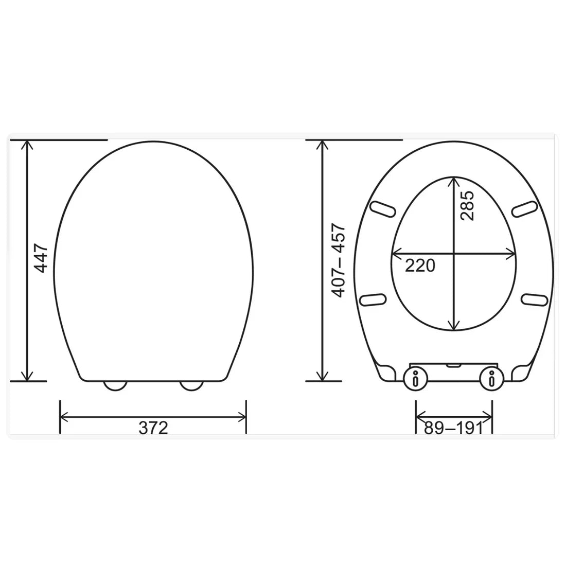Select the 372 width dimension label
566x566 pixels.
(153, 428)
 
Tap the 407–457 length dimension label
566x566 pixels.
(338, 260)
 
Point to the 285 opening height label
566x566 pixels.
(467, 206)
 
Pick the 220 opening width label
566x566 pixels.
(420, 266)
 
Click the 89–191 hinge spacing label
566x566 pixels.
(454, 428)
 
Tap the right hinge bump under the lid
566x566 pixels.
(191, 385)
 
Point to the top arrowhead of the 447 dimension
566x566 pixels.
(27, 145)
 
